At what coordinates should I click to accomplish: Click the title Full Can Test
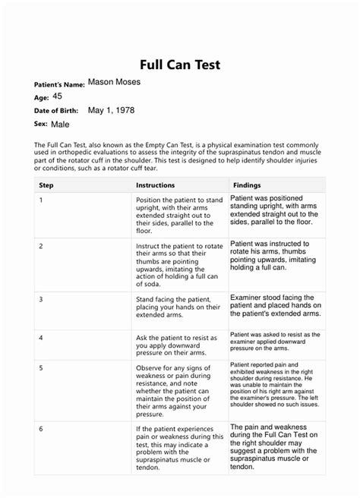point(179,65)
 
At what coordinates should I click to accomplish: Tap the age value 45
point(58,96)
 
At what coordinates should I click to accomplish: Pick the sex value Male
point(59,123)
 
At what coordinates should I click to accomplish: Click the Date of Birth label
point(58,111)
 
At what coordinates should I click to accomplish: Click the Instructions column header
point(155,184)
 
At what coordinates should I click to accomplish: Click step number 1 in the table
point(40,200)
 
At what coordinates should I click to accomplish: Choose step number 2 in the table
point(40,247)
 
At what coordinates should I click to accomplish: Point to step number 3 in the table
point(40,300)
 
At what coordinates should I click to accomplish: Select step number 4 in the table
point(40,336)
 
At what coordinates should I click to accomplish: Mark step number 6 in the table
point(40,429)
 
